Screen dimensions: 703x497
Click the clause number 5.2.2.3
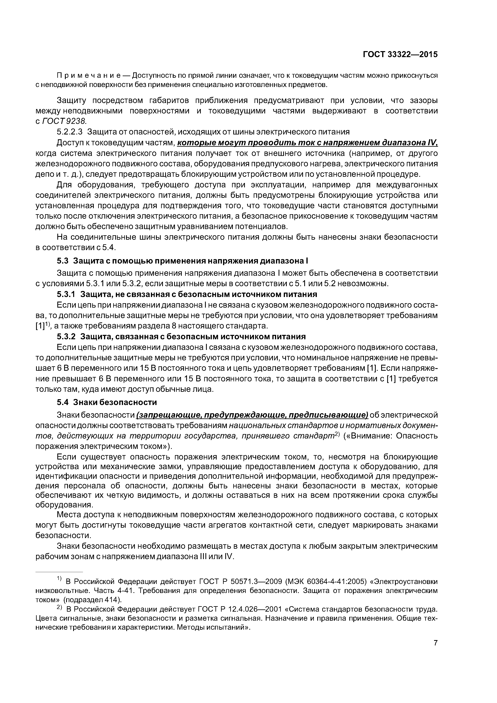click(x=70, y=132)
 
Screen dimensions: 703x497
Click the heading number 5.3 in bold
click(x=63, y=261)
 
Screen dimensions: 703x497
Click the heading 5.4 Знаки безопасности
click(x=107, y=402)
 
